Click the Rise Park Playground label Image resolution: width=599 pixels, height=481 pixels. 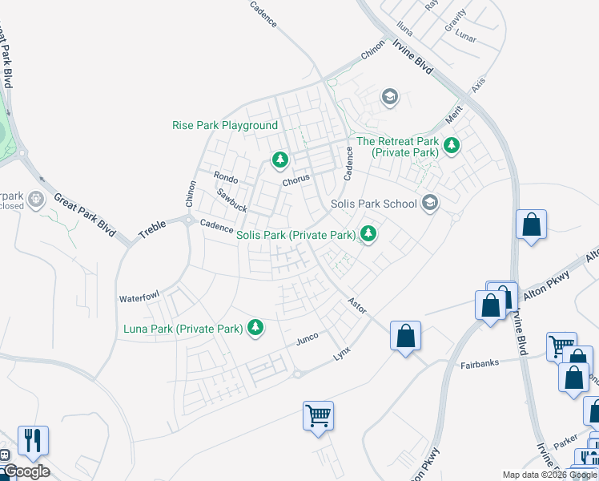[225, 126]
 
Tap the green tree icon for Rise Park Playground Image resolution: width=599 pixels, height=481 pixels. [279, 160]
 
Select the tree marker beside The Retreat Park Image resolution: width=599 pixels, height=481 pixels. [452, 146]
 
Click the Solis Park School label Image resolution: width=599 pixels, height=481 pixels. [374, 203]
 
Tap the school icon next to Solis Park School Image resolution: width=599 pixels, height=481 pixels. [430, 203]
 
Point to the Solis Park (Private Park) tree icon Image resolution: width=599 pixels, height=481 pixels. [368, 235]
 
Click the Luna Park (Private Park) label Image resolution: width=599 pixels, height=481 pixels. [183, 329]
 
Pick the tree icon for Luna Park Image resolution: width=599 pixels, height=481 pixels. [255, 327]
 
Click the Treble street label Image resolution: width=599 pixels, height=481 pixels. [151, 229]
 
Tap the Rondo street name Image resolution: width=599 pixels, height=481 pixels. [226, 177]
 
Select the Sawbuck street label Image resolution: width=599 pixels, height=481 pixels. [232, 200]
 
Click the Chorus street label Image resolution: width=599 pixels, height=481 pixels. [295, 180]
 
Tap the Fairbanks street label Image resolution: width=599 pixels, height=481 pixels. [480, 363]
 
